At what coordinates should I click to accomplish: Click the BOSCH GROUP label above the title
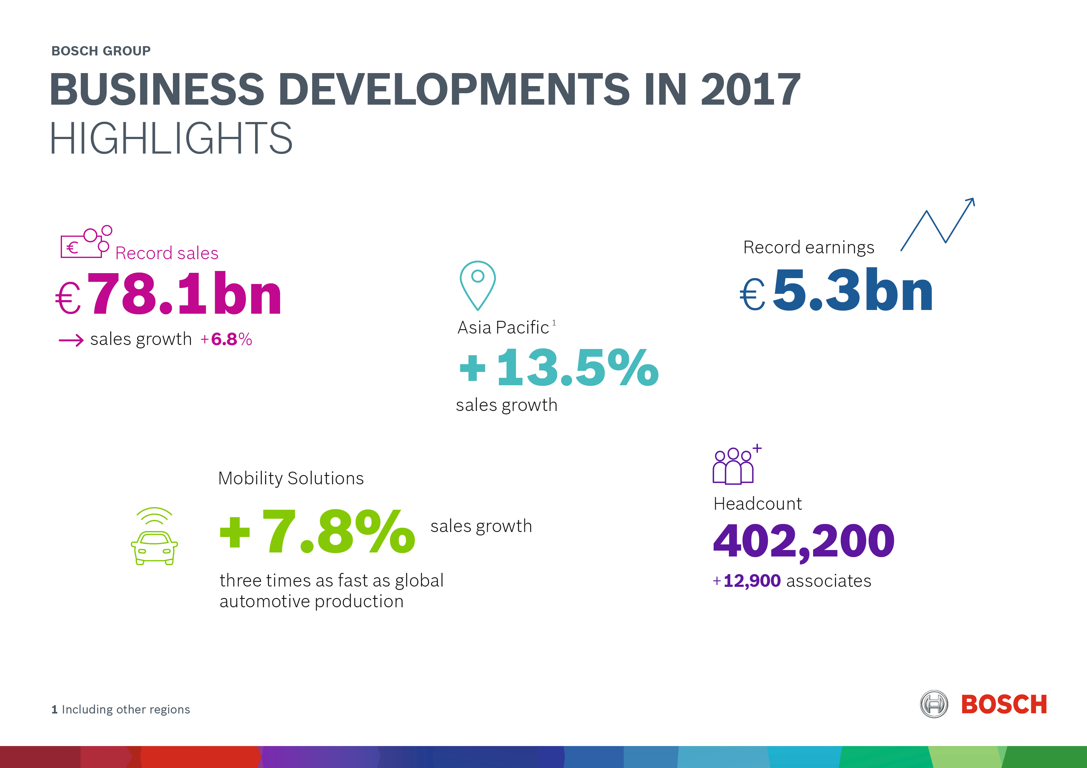pyautogui.click(x=101, y=51)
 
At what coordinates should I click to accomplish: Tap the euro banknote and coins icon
pyautogui.click(x=85, y=242)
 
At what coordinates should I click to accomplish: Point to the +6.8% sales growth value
pyautogui.click(x=226, y=339)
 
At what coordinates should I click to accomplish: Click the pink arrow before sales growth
pyautogui.click(x=71, y=340)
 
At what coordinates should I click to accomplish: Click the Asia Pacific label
pyautogui.click(x=503, y=327)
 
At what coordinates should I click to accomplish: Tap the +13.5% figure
pyautogui.click(x=559, y=368)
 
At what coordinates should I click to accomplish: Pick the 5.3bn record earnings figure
pyautogui.click(x=852, y=290)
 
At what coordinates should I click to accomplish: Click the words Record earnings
pyautogui.click(x=808, y=247)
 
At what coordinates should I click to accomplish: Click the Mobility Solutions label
pyautogui.click(x=291, y=478)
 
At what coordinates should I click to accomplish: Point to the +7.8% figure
pyautogui.click(x=317, y=532)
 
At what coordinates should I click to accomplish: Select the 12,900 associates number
pyautogui.click(x=751, y=581)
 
